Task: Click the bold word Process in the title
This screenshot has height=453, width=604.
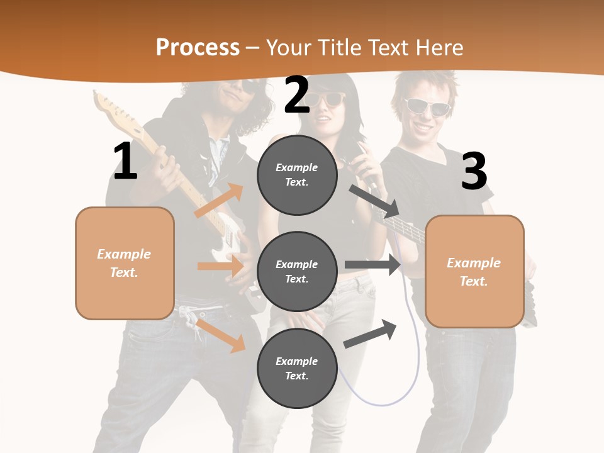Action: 198,48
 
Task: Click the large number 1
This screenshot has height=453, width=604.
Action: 125,161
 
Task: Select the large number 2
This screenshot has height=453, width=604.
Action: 297,94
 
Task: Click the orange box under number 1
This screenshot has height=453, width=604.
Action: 125,263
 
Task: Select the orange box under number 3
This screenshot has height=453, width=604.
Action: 474,271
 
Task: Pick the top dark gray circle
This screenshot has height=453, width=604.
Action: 297,175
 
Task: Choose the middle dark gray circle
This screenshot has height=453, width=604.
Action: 297,271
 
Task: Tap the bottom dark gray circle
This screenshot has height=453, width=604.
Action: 297,368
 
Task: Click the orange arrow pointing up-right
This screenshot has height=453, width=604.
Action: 219,200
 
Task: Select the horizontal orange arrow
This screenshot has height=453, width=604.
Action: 220,266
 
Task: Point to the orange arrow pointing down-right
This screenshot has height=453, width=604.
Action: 221,335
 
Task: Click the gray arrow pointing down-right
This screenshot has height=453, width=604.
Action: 374,199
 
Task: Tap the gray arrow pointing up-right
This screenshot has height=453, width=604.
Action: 370,335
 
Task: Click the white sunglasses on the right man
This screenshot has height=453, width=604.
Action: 427,106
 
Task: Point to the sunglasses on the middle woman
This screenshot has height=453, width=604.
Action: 327,99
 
